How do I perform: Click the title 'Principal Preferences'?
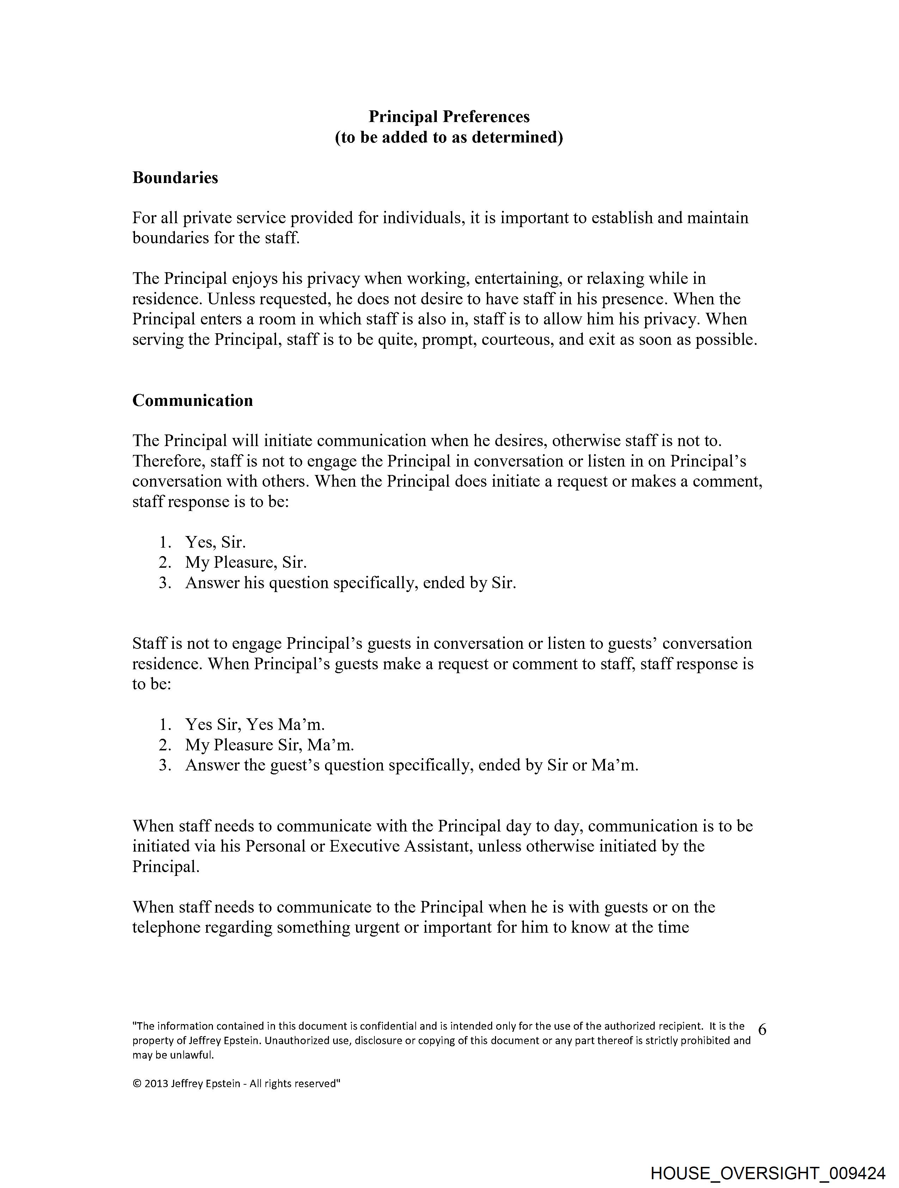pyautogui.click(x=449, y=117)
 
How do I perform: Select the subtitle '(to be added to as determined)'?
pyautogui.click(x=449, y=138)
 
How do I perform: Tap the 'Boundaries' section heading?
pyautogui.click(x=175, y=178)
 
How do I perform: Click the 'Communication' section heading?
pyautogui.click(x=192, y=401)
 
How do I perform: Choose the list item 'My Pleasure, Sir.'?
pyautogui.click(x=246, y=562)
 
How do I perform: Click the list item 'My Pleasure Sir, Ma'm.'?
pyautogui.click(x=270, y=745)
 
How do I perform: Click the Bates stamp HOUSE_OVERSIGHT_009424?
pyautogui.click(x=768, y=1172)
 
